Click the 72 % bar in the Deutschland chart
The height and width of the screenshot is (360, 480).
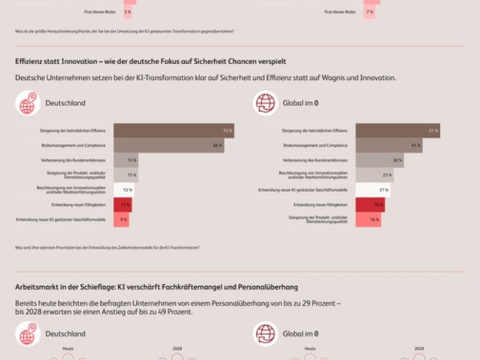point(173,130)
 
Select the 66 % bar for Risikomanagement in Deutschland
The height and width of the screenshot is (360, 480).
point(169,145)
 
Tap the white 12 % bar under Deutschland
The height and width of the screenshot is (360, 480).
point(124,190)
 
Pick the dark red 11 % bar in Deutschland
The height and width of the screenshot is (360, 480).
point(122,205)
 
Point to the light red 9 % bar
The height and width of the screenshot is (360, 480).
point(121,220)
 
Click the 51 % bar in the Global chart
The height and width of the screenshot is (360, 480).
point(397,130)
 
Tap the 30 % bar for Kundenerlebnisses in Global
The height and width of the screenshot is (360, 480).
point(380,160)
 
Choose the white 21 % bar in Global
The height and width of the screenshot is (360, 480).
point(373,190)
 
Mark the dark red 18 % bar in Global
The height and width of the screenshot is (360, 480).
point(370,205)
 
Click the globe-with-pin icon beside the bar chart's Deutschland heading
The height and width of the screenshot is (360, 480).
point(28,103)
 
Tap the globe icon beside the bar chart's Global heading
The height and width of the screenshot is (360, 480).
point(265,103)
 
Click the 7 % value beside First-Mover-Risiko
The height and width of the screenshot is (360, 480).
point(370,12)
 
